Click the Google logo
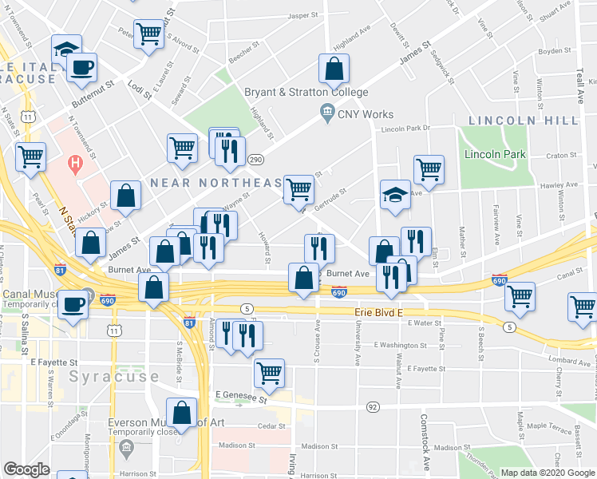[x=26, y=470]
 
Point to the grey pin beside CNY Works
[x=326, y=113]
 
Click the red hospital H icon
[x=75, y=165]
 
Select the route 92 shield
[x=372, y=406]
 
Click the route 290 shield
[x=256, y=159]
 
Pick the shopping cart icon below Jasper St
[x=148, y=35]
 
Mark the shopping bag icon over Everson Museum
[x=182, y=413]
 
